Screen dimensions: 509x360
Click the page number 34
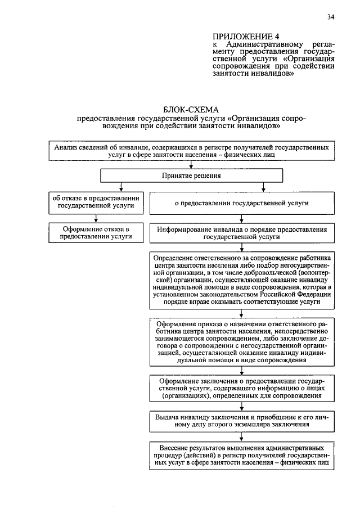pos(331,17)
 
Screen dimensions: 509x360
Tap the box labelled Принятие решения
pos(191,176)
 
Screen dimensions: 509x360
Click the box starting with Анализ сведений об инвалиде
pos(192,151)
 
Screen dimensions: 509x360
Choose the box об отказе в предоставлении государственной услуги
pos(96,202)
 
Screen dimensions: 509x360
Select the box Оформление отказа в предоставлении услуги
pos(96,232)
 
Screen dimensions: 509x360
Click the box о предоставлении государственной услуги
pos(242,202)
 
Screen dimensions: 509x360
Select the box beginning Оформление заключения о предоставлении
pos(242,388)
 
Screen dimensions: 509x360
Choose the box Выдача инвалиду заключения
pos(242,422)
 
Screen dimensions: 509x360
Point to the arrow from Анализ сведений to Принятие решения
pos(192,165)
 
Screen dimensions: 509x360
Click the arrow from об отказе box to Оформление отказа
pos(96,218)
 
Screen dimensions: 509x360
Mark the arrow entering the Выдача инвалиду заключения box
pos(242,408)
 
